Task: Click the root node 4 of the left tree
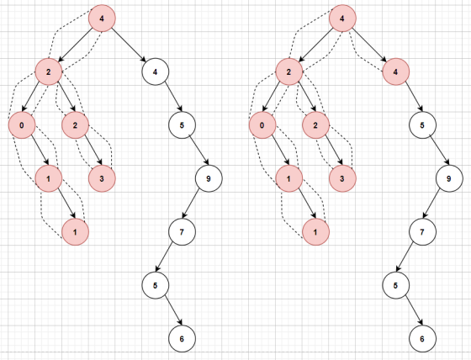102,19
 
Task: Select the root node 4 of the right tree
342,19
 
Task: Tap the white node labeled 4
156,71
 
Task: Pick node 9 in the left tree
209,178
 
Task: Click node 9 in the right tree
449,178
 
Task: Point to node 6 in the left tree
182,339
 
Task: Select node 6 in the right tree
422,339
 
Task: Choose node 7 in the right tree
422,232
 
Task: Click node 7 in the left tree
182,232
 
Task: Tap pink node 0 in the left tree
22,125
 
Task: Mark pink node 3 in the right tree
342,178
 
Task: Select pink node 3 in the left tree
102,178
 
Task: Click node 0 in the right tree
262,125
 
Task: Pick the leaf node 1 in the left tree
75,232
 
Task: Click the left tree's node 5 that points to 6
156,285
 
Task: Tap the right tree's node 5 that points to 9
422,125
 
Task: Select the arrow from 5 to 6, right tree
414,310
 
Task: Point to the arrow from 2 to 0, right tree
272,97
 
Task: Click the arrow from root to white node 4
130,45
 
